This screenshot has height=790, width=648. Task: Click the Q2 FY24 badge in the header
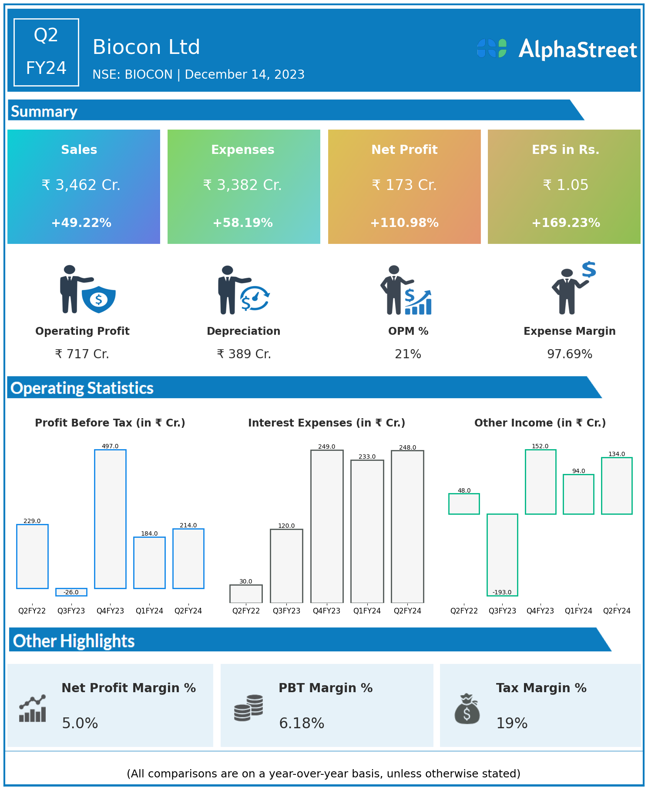(x=46, y=52)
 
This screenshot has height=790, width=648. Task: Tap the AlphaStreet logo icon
(x=491, y=48)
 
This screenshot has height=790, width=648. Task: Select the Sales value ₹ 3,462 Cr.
(x=81, y=185)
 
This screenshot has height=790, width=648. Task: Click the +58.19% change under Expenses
(x=243, y=223)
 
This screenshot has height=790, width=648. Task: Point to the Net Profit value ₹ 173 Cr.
(x=404, y=185)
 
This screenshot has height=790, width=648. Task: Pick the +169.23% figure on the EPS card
(x=566, y=223)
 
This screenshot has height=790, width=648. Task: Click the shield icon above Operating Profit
(x=99, y=299)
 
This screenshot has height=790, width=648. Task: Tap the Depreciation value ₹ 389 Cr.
(x=244, y=354)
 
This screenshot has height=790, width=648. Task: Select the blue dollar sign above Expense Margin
(x=589, y=270)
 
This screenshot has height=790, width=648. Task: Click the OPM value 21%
(x=408, y=354)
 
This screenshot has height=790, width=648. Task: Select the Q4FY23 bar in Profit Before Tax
(x=110, y=519)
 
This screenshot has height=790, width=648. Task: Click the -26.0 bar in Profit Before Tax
(x=71, y=592)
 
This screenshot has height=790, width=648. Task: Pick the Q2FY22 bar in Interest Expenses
(x=246, y=593)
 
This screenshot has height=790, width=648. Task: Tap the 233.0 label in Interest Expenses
(x=367, y=457)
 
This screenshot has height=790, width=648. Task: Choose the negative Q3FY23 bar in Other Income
(x=502, y=555)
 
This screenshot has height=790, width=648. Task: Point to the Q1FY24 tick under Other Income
(x=578, y=610)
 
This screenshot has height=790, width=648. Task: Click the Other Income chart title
(x=540, y=423)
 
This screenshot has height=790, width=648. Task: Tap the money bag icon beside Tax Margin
(x=467, y=709)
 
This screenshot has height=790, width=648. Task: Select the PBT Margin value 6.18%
(x=302, y=723)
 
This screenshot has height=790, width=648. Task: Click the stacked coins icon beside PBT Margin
(x=248, y=708)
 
